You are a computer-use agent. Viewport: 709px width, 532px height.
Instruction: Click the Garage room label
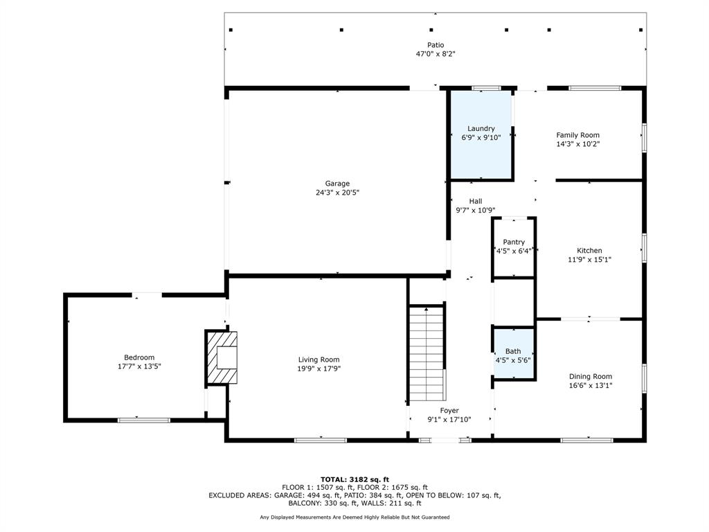tap(337, 183)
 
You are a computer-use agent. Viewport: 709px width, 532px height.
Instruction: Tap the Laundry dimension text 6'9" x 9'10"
tap(481, 138)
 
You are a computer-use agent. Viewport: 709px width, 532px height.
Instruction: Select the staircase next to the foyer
tap(426, 353)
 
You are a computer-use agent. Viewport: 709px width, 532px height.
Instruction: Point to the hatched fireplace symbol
tap(222, 358)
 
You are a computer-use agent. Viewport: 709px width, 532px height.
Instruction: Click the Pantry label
tap(514, 242)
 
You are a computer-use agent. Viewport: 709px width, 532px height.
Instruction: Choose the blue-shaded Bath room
tap(513, 353)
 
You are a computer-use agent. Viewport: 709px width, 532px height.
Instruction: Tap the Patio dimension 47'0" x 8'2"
tap(436, 54)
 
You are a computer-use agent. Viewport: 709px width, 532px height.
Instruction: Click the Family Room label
tap(578, 135)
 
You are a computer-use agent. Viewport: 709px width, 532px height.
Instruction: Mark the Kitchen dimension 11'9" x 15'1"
tap(590, 260)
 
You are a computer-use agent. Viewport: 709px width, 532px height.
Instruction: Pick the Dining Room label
tap(591, 376)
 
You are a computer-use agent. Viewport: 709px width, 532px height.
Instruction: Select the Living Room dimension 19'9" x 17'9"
tap(318, 369)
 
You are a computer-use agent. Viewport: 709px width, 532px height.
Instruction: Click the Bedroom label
tap(139, 357)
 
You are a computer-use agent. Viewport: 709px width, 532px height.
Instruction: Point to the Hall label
tap(475, 202)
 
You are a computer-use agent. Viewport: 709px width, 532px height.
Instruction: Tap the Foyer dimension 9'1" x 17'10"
tap(449, 420)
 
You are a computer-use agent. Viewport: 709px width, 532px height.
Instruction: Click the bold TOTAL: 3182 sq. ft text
tap(354, 479)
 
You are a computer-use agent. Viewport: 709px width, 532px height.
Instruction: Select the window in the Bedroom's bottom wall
tap(144, 420)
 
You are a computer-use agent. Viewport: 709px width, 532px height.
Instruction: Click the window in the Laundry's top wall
tap(487, 88)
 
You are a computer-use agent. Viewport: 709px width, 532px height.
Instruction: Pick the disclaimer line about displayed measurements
tap(354, 517)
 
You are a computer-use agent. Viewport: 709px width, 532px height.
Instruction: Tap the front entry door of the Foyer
tap(445, 440)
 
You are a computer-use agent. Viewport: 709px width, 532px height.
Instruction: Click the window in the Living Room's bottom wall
tap(321, 440)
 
